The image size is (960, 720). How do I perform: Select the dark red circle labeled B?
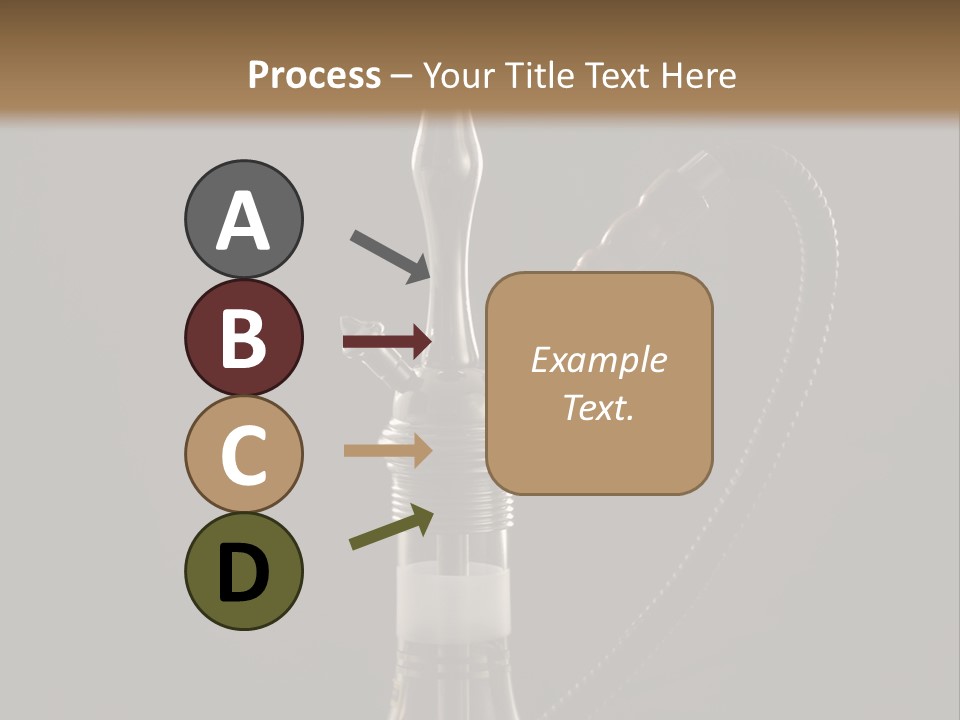pos(243,337)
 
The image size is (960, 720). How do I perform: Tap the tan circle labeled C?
pos(243,455)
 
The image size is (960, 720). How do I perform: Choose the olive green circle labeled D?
pos(243,572)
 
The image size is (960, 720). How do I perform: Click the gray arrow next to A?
pos(390,256)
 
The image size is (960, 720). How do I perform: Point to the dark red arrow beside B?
pos(387,342)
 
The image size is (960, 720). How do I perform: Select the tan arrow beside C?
pos(387,450)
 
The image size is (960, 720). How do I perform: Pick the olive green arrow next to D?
pos(391,528)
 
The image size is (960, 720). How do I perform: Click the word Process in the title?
pos(314,75)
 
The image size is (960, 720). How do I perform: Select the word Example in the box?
pos(598,360)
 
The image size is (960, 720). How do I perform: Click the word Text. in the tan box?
pos(598,407)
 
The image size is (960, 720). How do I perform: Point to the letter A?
pos(243,221)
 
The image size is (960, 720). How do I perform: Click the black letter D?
pos(243,573)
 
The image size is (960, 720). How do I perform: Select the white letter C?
pos(243,456)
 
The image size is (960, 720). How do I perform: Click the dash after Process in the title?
pos(402,76)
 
